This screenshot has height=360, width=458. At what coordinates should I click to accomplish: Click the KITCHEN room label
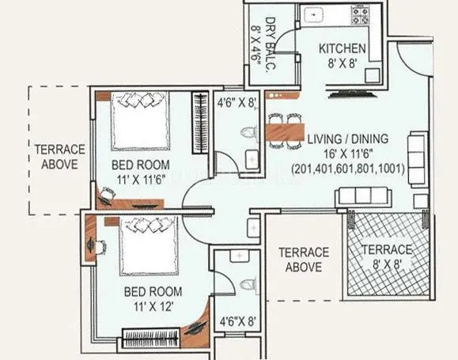point(342,49)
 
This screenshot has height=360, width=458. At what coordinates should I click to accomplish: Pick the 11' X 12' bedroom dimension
point(154,305)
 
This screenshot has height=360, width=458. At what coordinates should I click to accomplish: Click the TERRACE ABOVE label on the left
point(55,157)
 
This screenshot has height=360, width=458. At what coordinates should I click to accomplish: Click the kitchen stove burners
point(365,13)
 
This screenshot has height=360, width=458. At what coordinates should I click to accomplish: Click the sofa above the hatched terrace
point(361,197)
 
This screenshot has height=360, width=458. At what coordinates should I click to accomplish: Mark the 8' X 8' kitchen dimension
point(343,63)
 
